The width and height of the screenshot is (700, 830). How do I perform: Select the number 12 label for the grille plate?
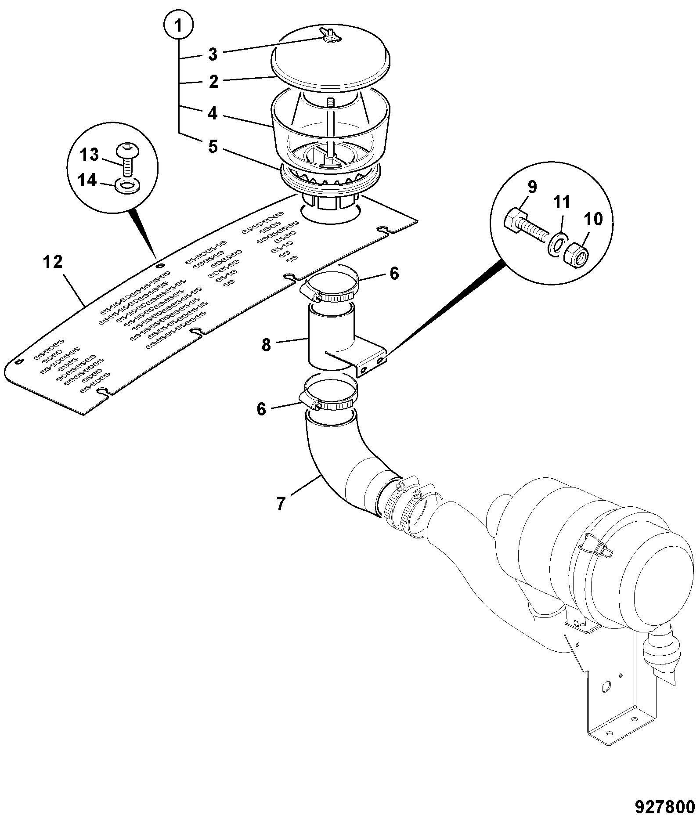click(x=53, y=263)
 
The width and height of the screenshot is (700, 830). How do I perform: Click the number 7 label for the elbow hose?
click(x=281, y=503)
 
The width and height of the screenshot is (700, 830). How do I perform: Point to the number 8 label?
click(x=267, y=345)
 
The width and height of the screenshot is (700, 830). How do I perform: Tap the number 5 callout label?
click(x=213, y=147)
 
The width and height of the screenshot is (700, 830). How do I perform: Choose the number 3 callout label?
click(x=213, y=55)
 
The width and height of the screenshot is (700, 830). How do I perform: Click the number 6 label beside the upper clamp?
click(x=394, y=273)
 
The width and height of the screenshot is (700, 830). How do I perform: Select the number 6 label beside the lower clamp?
click(x=261, y=409)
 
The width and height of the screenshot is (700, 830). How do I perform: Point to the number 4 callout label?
click(x=213, y=114)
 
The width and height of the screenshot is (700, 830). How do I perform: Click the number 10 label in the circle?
click(x=593, y=219)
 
